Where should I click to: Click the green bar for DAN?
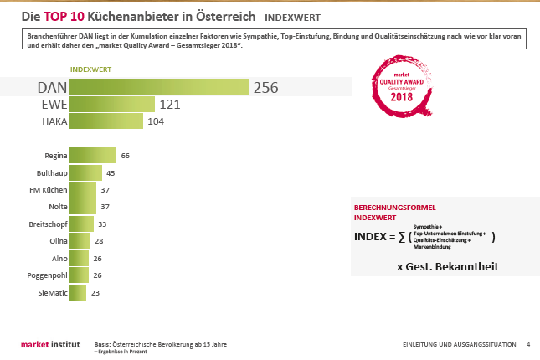pos(159,87)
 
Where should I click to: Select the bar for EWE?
pos(112,105)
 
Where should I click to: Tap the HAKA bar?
pos(106,121)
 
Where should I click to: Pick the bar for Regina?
pos(93,156)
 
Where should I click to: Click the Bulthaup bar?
pos(85,173)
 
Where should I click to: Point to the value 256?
pos(265,88)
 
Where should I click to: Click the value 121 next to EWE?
pos(171,105)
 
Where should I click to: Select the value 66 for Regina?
pos(126,156)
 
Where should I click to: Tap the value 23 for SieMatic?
pos(95,293)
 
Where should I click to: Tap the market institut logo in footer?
pos(49,345)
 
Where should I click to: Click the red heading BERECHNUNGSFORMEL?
pos(395,208)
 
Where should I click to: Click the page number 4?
pos(527,344)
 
